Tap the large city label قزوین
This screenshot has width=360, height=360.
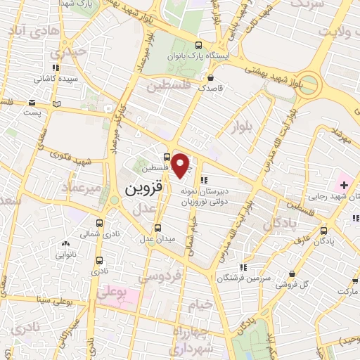click(x=146, y=190)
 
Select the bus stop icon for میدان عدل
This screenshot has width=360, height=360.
click(x=157, y=228)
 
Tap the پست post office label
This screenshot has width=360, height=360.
click(x=32, y=112)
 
